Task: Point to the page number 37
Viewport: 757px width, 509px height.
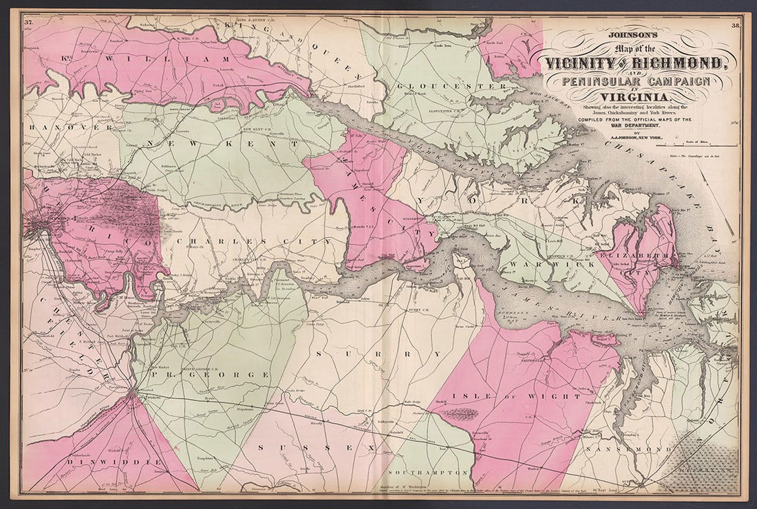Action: click(28, 22)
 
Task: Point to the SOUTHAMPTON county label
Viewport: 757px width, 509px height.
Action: click(427, 474)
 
